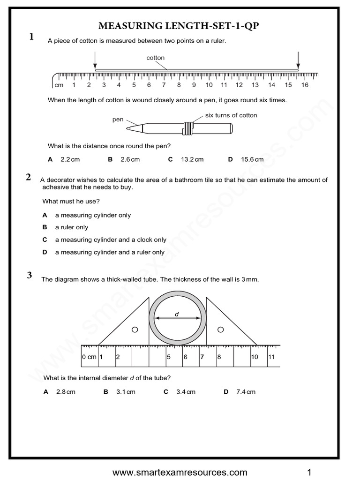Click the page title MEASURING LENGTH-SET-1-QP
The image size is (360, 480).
(180, 27)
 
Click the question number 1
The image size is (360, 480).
(31, 37)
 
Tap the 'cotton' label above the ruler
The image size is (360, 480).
(156, 58)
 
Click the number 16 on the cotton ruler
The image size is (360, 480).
(305, 85)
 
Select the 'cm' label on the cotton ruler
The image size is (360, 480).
(59, 85)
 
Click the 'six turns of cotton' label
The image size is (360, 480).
(231, 115)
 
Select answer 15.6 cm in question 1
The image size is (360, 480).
(252, 159)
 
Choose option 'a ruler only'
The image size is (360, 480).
(71, 227)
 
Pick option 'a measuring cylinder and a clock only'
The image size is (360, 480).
(110, 240)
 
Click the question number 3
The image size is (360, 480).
(29, 275)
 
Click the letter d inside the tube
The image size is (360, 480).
(177, 314)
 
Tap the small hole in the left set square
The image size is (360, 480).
(135, 330)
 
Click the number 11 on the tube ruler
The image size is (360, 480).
(271, 357)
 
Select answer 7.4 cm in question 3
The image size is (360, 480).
(245, 392)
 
